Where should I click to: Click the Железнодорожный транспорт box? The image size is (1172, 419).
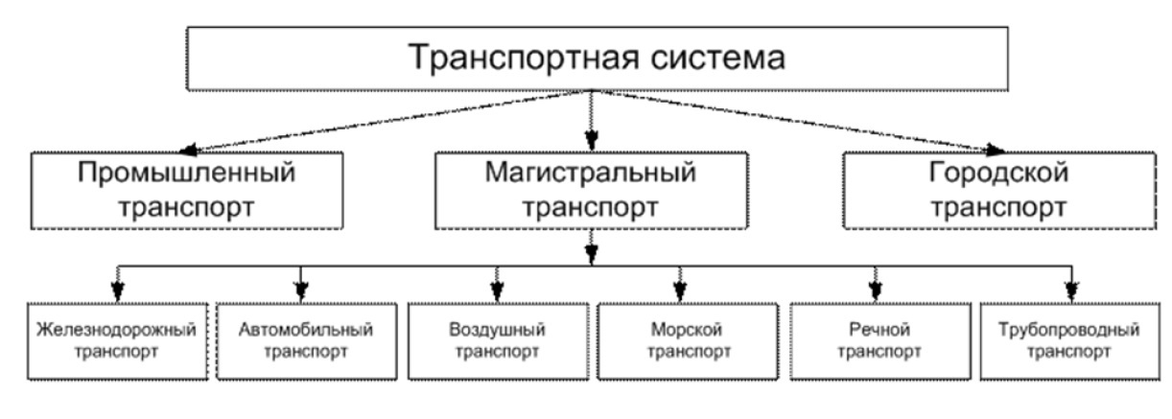click(x=116, y=341)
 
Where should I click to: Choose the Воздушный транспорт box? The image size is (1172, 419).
click(x=497, y=341)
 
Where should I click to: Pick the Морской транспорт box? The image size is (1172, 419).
click(x=683, y=341)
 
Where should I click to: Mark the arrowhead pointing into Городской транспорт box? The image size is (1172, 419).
click(x=995, y=149)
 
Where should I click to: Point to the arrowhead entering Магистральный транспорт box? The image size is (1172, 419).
click(x=592, y=140)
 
